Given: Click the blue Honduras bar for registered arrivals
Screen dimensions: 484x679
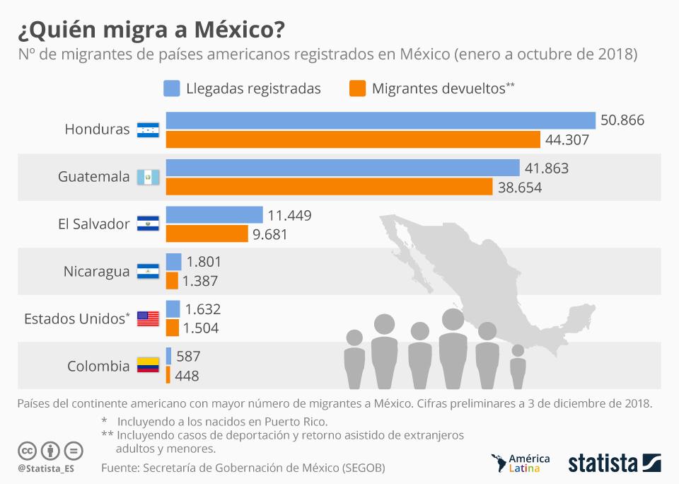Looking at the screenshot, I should coord(381,120).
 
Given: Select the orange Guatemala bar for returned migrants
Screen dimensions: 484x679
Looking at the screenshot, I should coord(329,187).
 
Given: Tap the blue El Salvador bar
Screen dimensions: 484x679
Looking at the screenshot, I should coord(214,214).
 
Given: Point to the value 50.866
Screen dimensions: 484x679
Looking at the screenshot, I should coord(622,120).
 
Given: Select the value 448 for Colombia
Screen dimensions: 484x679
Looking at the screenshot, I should coord(187,376).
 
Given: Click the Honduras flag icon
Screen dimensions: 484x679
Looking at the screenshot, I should coord(148,129).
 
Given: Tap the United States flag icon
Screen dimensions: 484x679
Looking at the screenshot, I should coord(148,318).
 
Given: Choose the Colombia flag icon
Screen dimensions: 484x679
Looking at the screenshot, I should coord(148,366).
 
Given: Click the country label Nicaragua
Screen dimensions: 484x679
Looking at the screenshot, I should coord(96,272).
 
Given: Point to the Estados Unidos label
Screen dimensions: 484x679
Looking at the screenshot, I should coord(76,318).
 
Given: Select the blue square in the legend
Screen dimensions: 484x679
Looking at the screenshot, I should coord(171,88).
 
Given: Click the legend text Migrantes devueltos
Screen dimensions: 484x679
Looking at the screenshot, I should coord(439,88).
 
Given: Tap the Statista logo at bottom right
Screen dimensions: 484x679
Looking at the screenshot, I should coord(614,463).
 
